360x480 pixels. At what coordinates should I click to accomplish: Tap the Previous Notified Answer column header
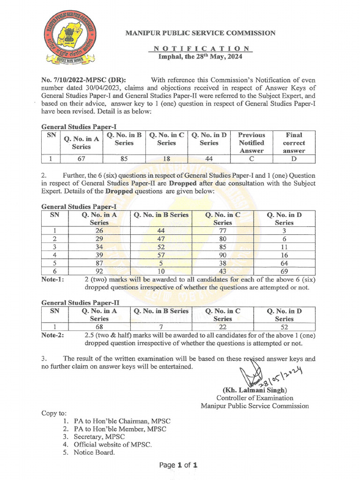click(252, 142)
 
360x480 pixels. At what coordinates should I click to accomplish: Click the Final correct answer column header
click(294, 142)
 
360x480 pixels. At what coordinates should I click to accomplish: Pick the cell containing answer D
click(294, 159)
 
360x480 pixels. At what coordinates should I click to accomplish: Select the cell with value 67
click(81, 159)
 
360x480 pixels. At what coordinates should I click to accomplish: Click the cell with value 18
click(166, 159)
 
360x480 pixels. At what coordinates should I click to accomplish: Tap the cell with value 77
click(222, 231)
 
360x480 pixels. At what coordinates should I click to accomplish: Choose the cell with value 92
click(99, 270)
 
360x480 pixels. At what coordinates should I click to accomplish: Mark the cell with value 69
click(284, 270)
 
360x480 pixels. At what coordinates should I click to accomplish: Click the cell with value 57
click(161, 255)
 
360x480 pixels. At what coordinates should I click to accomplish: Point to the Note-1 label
click(53, 279)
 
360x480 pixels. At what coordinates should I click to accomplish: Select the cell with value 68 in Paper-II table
click(99, 327)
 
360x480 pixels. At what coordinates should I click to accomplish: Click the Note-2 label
click(53, 335)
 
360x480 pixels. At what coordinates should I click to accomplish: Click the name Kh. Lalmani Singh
click(255, 390)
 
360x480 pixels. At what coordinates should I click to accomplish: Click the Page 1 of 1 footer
click(179, 465)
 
